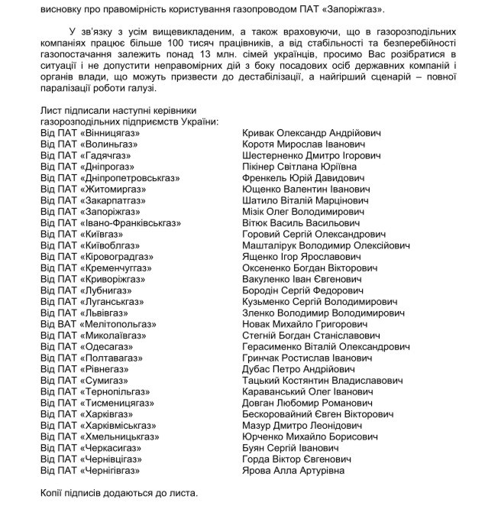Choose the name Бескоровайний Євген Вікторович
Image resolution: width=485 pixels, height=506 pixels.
tap(318, 414)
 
